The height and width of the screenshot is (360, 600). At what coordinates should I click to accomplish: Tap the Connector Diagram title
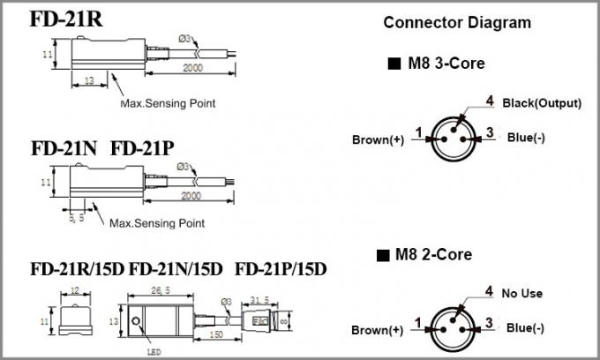point(457,22)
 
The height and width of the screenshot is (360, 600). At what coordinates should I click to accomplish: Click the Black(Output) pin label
point(542,103)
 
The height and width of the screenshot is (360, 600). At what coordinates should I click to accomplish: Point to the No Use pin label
point(523,294)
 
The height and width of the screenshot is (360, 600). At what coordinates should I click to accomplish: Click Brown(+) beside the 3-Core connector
point(379,139)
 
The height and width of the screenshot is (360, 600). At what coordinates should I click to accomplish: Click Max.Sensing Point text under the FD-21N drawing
point(156,224)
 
